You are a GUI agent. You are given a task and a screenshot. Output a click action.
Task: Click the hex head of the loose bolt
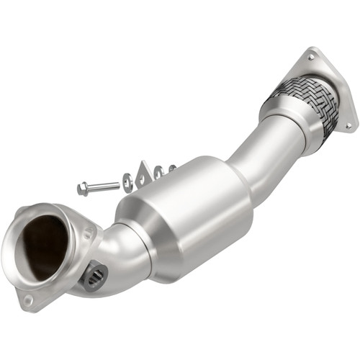tap(82, 189)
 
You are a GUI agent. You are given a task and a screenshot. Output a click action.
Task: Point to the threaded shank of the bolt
tap(104, 186)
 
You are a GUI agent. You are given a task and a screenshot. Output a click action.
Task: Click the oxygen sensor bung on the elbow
tap(94, 275)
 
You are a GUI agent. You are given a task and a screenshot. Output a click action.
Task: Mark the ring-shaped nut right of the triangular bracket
tap(159, 171)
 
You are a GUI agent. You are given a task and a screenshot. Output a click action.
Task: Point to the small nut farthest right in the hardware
tap(173, 168)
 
